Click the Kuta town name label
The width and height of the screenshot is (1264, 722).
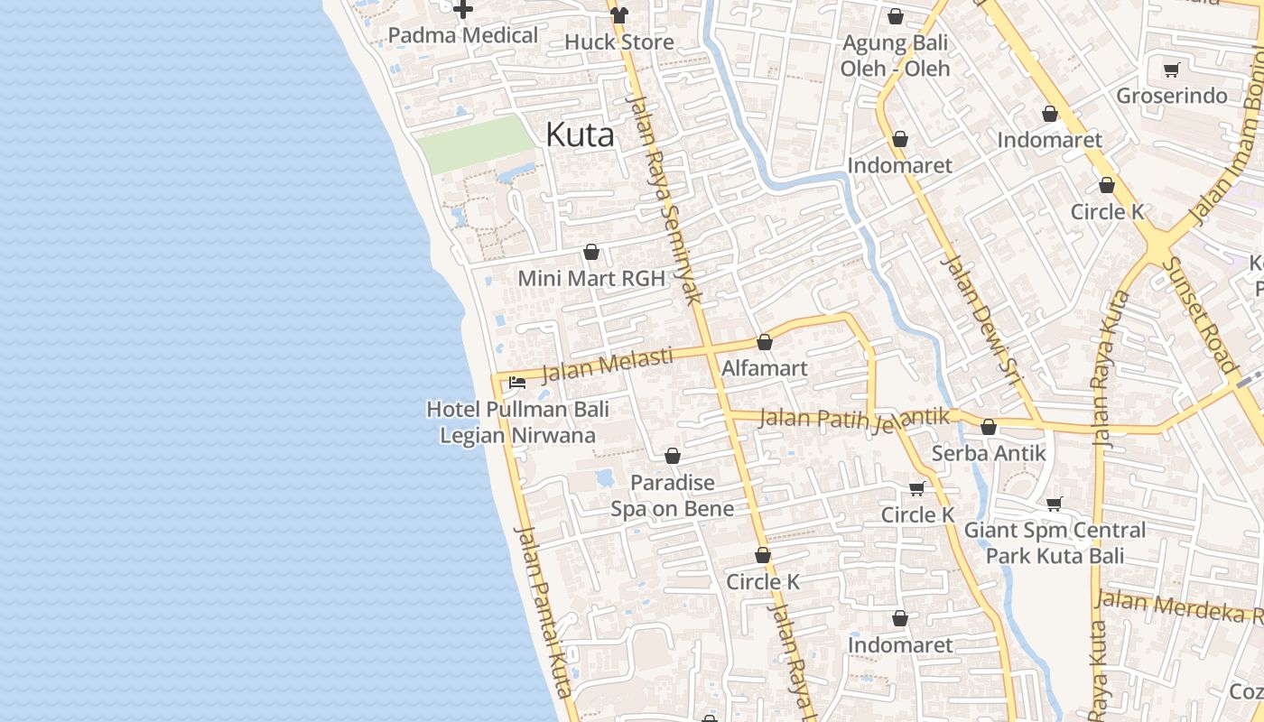click(580, 135)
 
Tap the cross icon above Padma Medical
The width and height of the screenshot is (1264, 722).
click(463, 10)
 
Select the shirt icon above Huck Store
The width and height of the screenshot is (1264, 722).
click(619, 14)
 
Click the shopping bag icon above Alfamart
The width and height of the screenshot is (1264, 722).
click(765, 342)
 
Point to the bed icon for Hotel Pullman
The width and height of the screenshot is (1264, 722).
click(517, 383)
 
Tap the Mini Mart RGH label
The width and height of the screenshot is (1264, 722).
click(590, 278)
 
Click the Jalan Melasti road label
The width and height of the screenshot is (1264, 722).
click(607, 365)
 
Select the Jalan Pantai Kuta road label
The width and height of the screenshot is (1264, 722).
click(544, 610)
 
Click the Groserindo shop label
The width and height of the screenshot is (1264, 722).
click(1172, 96)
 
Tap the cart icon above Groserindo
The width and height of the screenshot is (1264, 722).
click(1171, 69)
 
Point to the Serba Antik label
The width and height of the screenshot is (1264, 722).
click(989, 453)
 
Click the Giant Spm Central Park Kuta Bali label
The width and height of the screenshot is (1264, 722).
click(1055, 542)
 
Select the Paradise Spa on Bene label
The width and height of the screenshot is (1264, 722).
click(672, 495)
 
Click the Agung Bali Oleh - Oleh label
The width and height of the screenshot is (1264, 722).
click(895, 56)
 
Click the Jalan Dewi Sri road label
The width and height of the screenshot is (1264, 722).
click(980, 319)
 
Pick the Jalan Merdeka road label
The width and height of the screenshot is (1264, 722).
click(1178, 606)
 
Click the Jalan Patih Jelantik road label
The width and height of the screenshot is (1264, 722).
click(854, 419)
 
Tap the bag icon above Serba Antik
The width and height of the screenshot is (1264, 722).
click(989, 427)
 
